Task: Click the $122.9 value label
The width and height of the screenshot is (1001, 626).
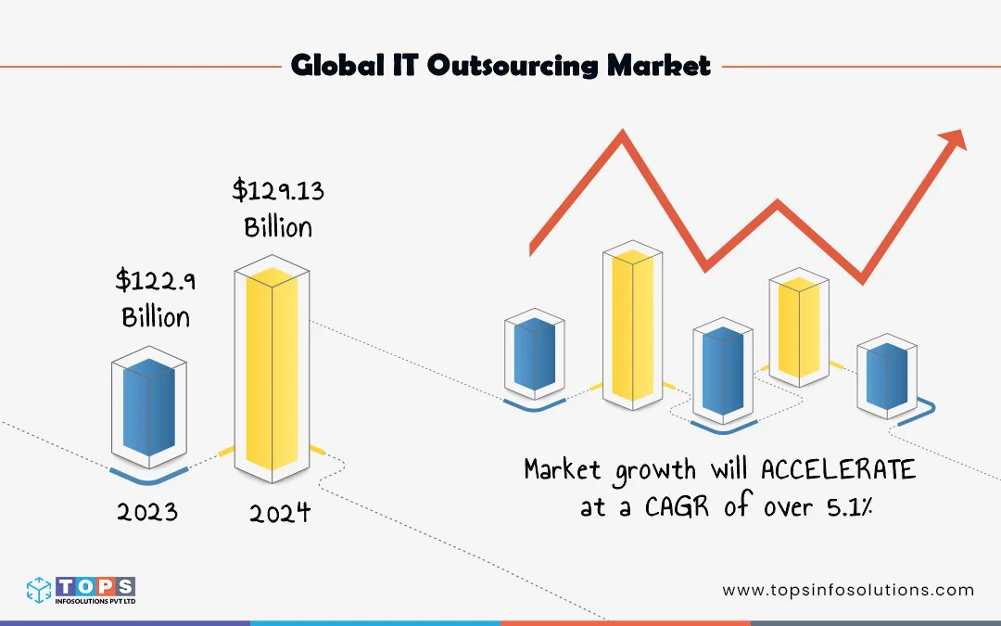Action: point(156,278)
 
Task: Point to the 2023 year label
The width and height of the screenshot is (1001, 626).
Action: point(147,511)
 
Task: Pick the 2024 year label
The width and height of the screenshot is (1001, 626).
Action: point(279,513)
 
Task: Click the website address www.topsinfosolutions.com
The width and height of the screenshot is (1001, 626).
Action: point(848,590)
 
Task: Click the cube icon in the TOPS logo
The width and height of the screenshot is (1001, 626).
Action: point(39,591)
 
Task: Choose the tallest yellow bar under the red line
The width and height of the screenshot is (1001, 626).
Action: point(633,325)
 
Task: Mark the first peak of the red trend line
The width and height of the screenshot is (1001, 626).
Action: point(622,137)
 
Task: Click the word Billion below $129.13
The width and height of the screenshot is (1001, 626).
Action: point(278,226)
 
